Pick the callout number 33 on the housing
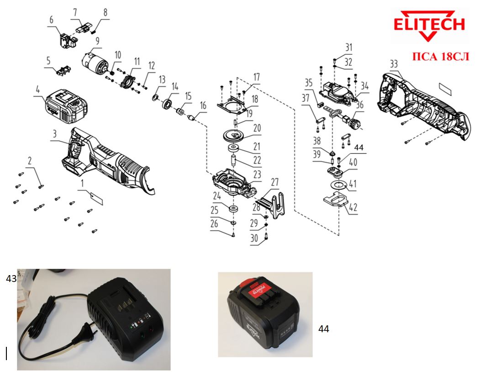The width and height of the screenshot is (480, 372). [394, 64]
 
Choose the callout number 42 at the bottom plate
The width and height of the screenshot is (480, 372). [353, 207]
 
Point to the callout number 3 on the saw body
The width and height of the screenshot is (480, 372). [54, 133]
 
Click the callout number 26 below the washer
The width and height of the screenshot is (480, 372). [227, 224]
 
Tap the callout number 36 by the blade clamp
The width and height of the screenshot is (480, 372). [360, 105]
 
